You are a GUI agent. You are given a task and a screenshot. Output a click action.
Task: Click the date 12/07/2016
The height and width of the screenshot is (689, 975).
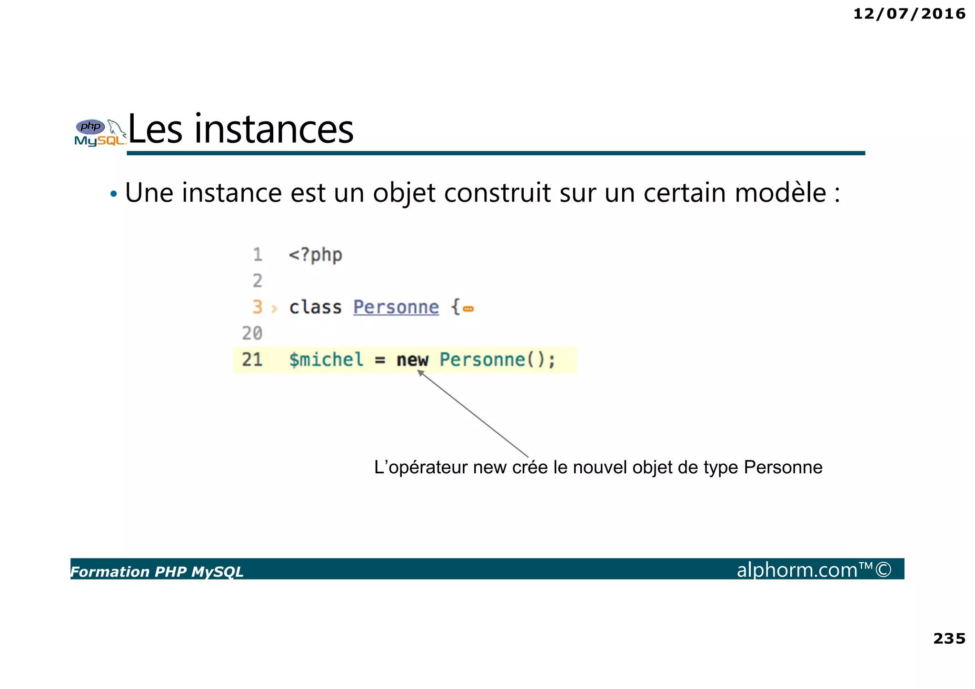pos(909,14)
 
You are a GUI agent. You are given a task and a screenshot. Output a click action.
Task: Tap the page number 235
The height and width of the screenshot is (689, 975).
pos(949,639)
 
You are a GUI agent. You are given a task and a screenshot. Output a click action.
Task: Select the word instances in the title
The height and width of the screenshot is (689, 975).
pos(274,130)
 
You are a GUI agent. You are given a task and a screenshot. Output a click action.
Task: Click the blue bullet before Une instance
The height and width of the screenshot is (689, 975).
pos(113,194)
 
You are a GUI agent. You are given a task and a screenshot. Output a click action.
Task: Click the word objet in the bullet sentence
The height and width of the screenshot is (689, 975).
pos(404,193)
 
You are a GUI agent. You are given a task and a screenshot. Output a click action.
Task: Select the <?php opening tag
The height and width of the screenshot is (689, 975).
pos(315,255)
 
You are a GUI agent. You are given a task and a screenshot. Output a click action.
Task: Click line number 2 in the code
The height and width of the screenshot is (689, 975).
pos(257,281)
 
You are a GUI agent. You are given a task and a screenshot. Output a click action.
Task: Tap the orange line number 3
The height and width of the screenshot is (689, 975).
pos(257,307)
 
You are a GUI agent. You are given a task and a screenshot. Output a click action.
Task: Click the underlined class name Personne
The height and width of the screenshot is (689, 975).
pos(396,307)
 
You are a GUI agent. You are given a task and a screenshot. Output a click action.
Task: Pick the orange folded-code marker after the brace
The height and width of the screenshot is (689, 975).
pos(468,309)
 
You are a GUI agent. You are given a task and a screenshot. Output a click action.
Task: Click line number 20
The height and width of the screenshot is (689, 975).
pos(252,333)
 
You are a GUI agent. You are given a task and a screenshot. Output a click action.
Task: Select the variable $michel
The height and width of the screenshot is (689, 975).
pos(326,359)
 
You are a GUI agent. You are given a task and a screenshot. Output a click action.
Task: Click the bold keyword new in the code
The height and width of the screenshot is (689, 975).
pos(412,360)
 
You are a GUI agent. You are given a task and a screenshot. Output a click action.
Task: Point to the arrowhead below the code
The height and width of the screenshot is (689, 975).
pos(420,373)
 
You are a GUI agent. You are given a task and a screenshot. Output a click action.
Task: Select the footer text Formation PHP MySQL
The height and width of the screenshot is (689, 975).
pos(157,571)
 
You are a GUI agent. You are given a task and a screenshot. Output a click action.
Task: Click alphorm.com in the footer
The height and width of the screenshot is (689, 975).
pos(797,570)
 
